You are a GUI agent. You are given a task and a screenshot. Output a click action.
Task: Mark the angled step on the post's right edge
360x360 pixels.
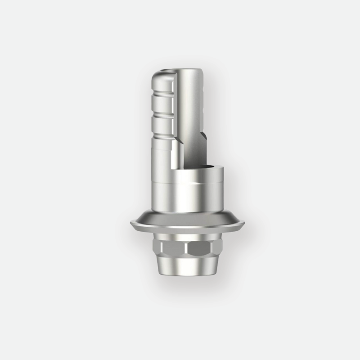203,135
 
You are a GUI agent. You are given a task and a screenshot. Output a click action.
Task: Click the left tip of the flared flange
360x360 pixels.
131,224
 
